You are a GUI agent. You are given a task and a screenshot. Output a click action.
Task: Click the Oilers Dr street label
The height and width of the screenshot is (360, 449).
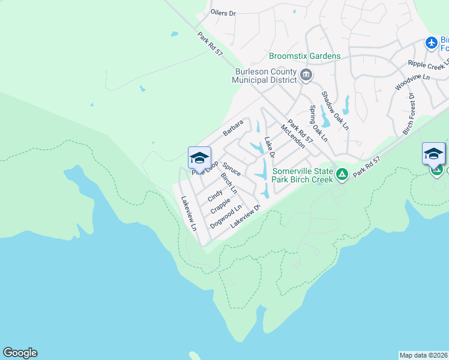[x=223, y=13]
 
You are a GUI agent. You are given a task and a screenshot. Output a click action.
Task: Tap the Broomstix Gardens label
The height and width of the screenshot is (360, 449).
[x=305, y=56]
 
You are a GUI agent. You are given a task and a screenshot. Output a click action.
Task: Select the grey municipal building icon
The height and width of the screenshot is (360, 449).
[x=306, y=75]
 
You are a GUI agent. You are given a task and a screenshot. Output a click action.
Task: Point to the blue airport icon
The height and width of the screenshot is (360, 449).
[x=431, y=43]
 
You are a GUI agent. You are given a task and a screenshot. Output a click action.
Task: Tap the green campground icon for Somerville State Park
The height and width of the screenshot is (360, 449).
[x=342, y=175]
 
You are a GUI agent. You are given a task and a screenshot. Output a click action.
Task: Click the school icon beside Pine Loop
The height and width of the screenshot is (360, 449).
[x=199, y=158]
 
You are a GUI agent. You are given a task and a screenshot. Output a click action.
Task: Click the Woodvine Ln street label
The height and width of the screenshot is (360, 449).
[x=412, y=82]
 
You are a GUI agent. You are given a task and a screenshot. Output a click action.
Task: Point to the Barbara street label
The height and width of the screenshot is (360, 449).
[x=234, y=127]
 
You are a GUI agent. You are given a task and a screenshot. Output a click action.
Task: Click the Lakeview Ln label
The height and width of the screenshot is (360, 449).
[x=188, y=214]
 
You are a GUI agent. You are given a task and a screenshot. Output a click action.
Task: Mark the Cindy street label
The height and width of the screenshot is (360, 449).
[x=215, y=196]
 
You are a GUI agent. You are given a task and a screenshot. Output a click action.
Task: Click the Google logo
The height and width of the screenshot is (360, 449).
[x=20, y=353]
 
